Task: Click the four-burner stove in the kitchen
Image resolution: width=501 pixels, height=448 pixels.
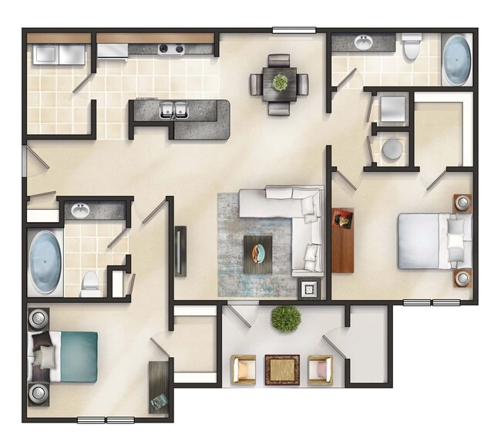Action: tap(171, 49)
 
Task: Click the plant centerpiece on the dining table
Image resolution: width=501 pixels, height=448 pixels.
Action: tap(279, 81)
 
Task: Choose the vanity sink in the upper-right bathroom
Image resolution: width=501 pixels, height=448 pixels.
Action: tap(361, 42)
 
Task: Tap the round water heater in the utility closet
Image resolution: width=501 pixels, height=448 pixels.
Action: tap(392, 149)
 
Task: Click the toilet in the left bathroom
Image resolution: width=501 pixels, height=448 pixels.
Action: tap(90, 283)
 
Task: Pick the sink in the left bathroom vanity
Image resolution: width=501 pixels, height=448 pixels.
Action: tap(80, 209)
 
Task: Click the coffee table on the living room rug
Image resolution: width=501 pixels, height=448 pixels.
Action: tap(258, 251)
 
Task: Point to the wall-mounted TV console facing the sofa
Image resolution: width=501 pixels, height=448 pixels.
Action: tap(180, 251)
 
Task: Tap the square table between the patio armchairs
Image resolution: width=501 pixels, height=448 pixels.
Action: tap(282, 369)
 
